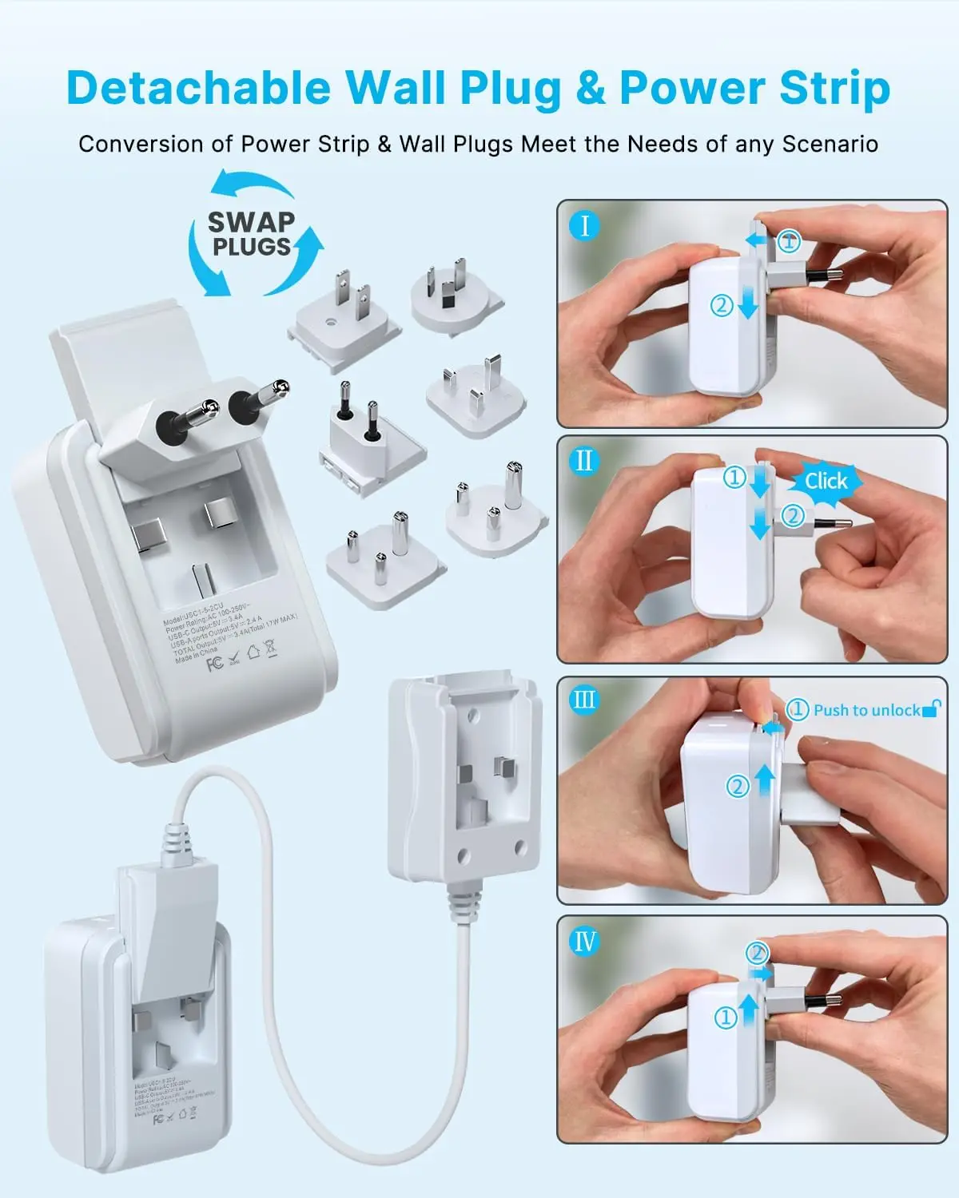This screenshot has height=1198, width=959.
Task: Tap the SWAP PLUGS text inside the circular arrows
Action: [251, 233]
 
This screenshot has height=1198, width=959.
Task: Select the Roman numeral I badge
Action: [585, 226]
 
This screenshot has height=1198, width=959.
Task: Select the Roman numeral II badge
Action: [585, 462]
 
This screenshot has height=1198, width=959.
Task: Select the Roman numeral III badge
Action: [585, 700]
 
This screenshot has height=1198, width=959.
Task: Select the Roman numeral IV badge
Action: [585, 941]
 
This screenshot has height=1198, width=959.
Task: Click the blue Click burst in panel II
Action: [826, 481]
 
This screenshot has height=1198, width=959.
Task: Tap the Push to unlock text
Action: [866, 710]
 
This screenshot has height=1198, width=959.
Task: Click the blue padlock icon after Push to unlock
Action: [931, 708]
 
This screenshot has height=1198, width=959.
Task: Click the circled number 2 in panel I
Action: [722, 304]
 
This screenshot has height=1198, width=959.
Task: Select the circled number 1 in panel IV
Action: [726, 1018]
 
